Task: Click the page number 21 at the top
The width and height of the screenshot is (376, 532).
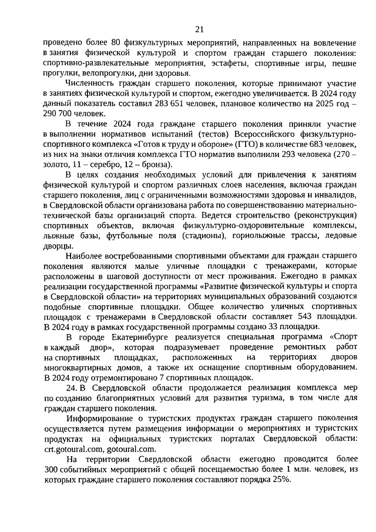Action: point(199,30)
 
